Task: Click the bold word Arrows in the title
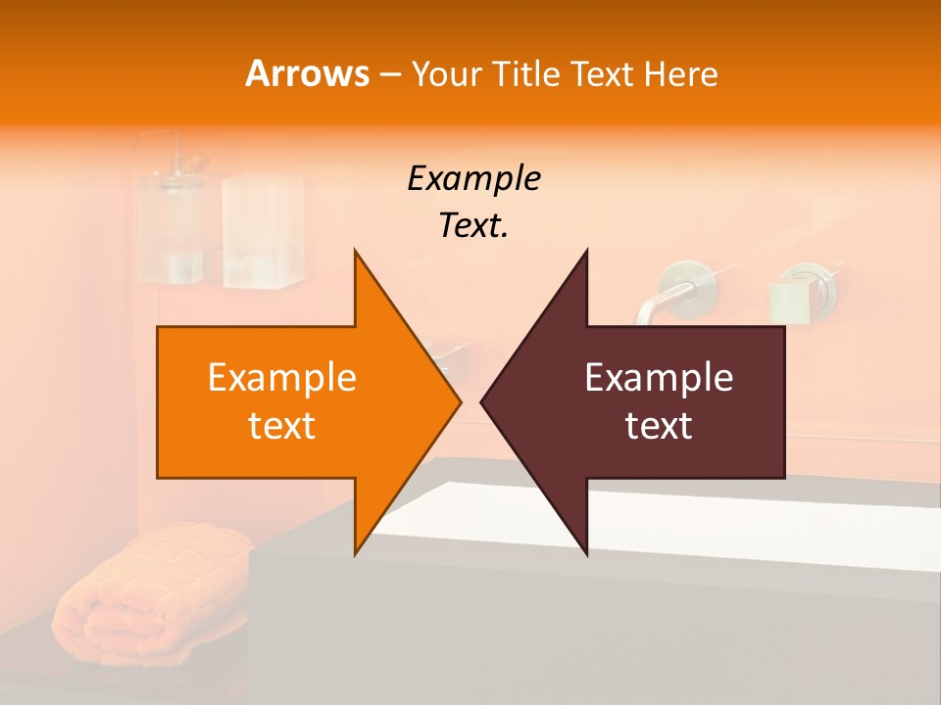pos(307,73)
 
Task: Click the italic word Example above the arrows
pos(473,179)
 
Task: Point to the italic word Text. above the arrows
pos(473,226)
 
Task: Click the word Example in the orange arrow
pos(282,378)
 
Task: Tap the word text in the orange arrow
pos(282,426)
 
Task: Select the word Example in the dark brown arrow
pos(659,378)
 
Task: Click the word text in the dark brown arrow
pos(659,426)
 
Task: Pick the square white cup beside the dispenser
pos(260,231)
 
